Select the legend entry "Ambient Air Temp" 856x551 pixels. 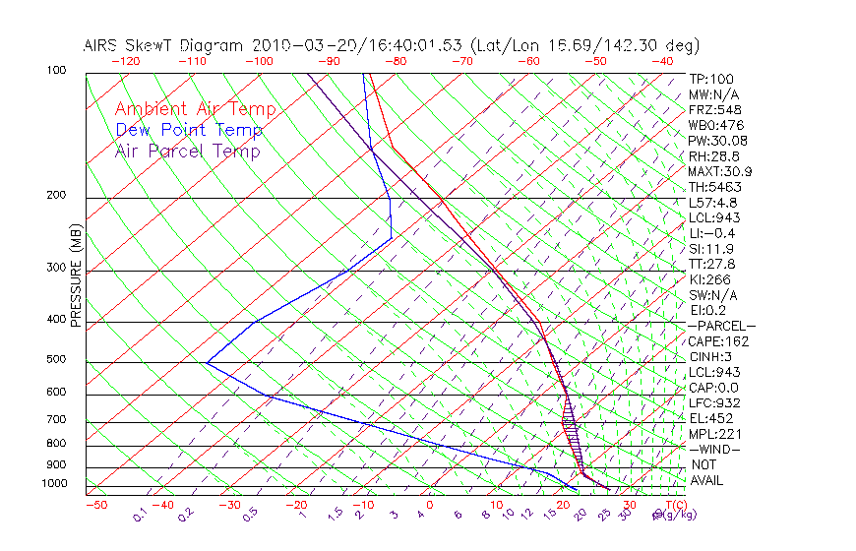[195, 109]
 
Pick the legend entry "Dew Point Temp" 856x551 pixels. [189, 130]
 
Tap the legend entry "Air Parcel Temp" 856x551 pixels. [187, 151]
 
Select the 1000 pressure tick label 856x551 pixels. [56, 484]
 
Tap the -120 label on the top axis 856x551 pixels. [126, 61]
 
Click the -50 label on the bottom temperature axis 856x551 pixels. [95, 505]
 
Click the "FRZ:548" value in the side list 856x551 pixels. [712, 109]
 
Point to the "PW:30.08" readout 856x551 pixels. [715, 141]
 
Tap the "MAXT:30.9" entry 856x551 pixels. [719, 171]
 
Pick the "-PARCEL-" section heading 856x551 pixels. [721, 326]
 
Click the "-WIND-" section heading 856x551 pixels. [715, 450]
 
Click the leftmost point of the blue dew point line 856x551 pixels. [207, 362]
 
